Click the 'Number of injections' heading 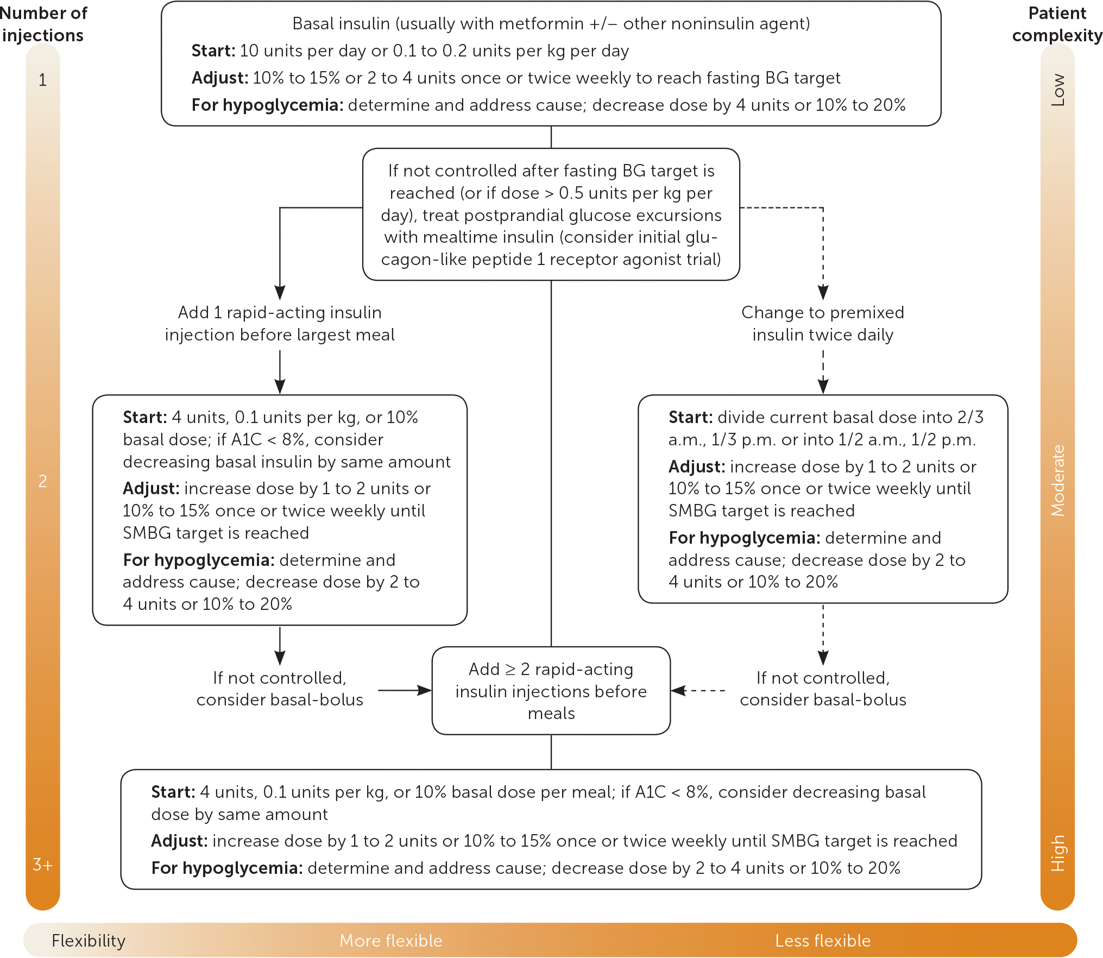click(x=43, y=24)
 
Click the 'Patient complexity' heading click(x=1057, y=24)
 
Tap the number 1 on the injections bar click(x=42, y=80)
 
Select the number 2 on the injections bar click(x=42, y=481)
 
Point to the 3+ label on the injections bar click(x=42, y=864)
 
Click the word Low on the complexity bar click(x=1057, y=90)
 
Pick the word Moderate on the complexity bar click(x=1057, y=481)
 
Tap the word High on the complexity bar click(x=1057, y=853)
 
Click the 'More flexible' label click(x=390, y=941)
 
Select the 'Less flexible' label click(x=822, y=941)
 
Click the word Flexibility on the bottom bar click(x=89, y=941)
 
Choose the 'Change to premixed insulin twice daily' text click(x=823, y=324)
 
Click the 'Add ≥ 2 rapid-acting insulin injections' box click(x=551, y=691)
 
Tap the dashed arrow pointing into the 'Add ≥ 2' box click(x=698, y=691)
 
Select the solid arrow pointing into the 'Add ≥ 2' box click(x=405, y=691)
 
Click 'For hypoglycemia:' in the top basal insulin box click(x=267, y=105)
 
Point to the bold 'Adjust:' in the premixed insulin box click(x=697, y=467)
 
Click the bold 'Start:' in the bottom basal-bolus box click(x=173, y=792)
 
